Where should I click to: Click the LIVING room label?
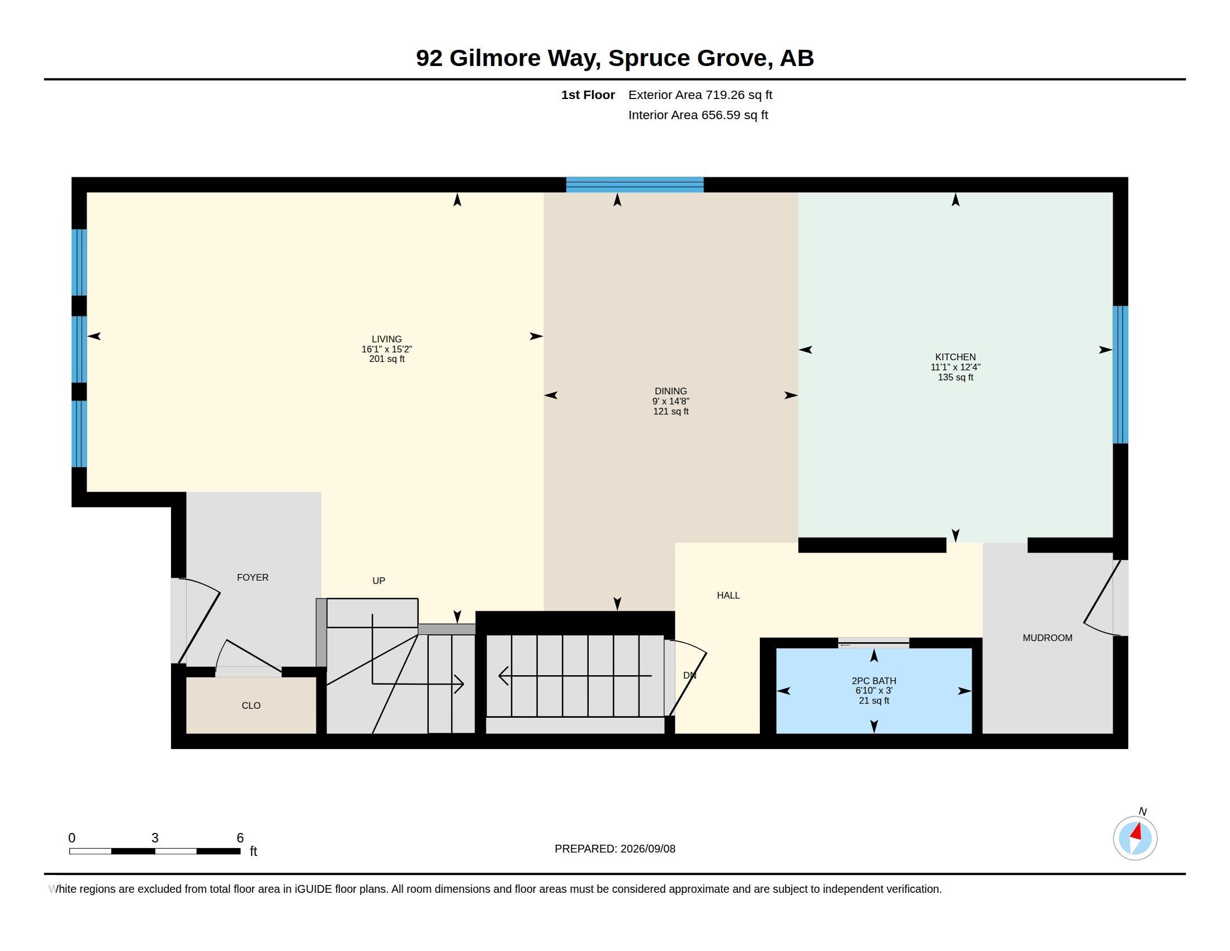click(x=387, y=339)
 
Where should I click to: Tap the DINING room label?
click(x=671, y=391)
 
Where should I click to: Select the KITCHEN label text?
click(x=955, y=357)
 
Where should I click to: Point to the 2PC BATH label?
click(x=874, y=681)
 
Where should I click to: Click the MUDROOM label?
click(x=1048, y=638)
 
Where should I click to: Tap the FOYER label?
click(x=253, y=577)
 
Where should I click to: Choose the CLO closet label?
click(x=251, y=705)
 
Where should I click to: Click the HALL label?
click(x=728, y=596)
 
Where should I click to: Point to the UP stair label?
click(x=379, y=581)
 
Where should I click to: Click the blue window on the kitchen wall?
click(x=1120, y=375)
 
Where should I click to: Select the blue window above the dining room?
click(x=635, y=185)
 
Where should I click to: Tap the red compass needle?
click(x=1137, y=831)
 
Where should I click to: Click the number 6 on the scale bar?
click(x=240, y=838)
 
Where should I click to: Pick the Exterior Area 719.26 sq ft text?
click(x=700, y=95)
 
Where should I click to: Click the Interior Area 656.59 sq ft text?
click(x=698, y=115)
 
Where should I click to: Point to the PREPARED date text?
click(x=615, y=849)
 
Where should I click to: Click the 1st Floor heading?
click(x=588, y=95)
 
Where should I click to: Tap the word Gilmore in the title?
click(x=495, y=58)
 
